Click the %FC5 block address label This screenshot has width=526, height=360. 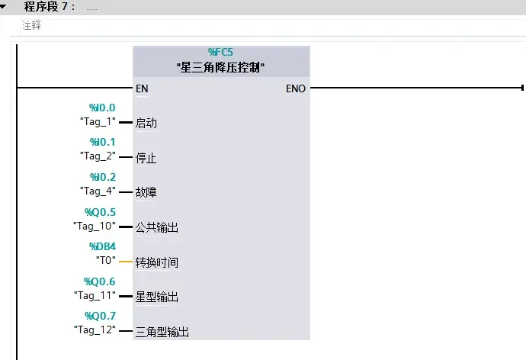click(x=220, y=53)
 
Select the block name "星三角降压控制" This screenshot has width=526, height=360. click(x=220, y=67)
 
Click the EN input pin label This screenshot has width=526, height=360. click(x=142, y=88)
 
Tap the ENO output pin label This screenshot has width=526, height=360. click(x=296, y=88)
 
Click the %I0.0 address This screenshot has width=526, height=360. click(x=102, y=108)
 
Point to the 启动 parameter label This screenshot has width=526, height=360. click(x=146, y=123)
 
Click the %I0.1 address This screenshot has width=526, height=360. click(x=102, y=143)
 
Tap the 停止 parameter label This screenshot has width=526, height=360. click(x=146, y=158)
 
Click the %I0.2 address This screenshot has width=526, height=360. click(x=102, y=177)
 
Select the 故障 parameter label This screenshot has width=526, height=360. click(x=146, y=193)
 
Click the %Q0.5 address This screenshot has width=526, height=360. click(x=101, y=212)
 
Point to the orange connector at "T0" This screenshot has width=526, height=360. click(x=127, y=262)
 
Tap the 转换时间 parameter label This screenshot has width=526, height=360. click(x=156, y=262)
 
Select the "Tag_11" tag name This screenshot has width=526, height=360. click(x=95, y=294)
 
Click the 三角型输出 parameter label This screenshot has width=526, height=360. click(x=162, y=332)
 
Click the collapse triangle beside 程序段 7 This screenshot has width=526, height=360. click(x=7, y=6)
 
